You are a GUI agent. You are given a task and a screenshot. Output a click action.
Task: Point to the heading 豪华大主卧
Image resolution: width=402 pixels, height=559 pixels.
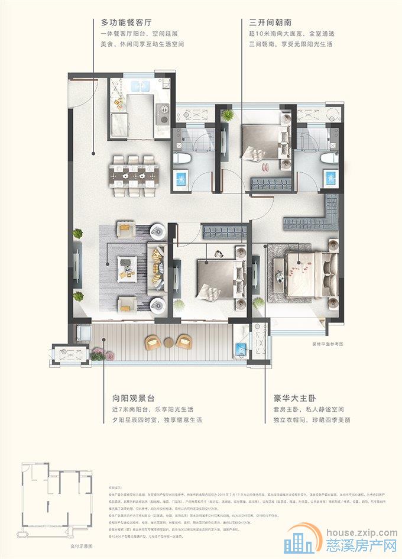(288, 398)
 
